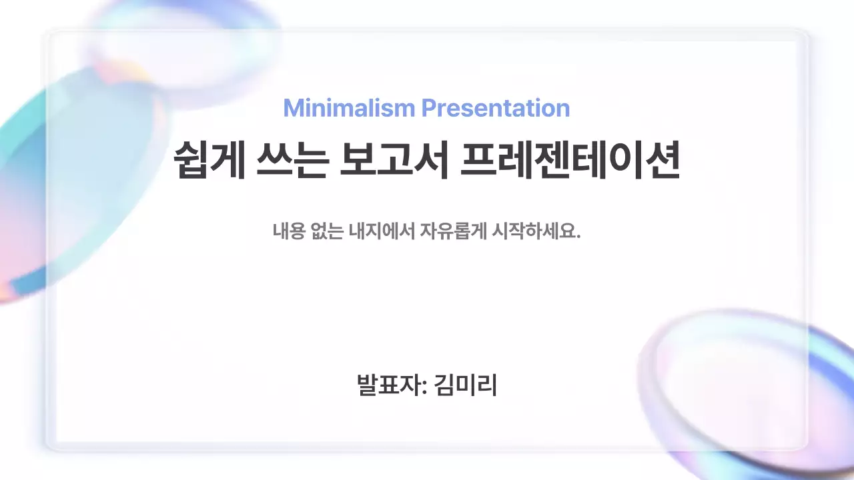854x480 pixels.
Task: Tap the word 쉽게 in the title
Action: click(x=208, y=161)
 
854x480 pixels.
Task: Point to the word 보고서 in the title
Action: click(x=393, y=161)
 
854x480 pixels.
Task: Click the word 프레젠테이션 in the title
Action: click(x=570, y=161)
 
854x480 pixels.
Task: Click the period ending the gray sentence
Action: click(x=578, y=237)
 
